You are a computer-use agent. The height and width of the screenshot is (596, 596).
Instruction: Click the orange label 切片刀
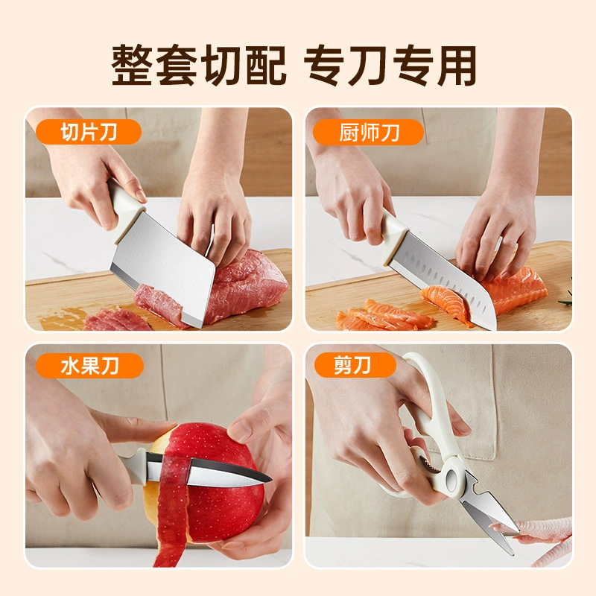[x=88, y=132]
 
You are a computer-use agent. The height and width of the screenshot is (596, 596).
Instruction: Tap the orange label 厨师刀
[x=368, y=132]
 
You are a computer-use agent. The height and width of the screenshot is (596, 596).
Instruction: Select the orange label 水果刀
[x=89, y=366]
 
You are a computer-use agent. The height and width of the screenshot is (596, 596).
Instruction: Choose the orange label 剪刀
[x=355, y=365]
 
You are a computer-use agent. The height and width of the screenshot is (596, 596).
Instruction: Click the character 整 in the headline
[x=133, y=65]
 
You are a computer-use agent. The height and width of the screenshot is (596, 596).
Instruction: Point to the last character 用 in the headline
[x=456, y=66]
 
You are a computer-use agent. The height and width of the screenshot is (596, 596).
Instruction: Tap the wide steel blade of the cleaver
[x=163, y=268]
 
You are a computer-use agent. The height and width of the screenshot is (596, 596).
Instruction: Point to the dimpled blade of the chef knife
[x=445, y=279]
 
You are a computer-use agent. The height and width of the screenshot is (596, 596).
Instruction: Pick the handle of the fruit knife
[x=133, y=465]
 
